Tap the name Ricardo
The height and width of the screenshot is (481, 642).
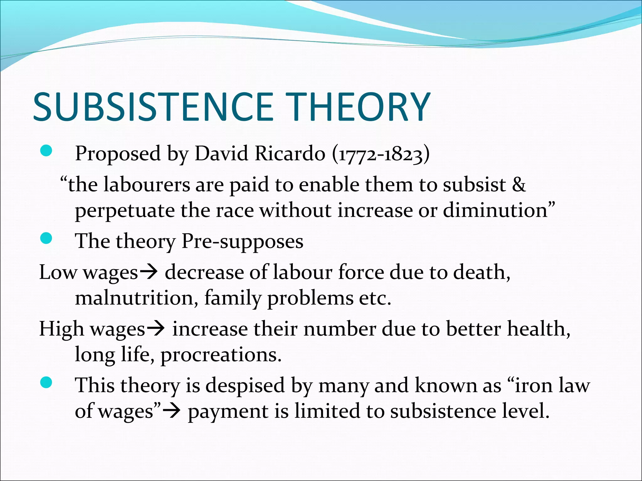[x=290, y=153]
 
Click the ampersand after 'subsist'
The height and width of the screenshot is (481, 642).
[x=518, y=185]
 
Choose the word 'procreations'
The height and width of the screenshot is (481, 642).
[x=221, y=355]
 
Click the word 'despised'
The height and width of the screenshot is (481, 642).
[x=245, y=386]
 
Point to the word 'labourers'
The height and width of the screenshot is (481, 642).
[x=146, y=185]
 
